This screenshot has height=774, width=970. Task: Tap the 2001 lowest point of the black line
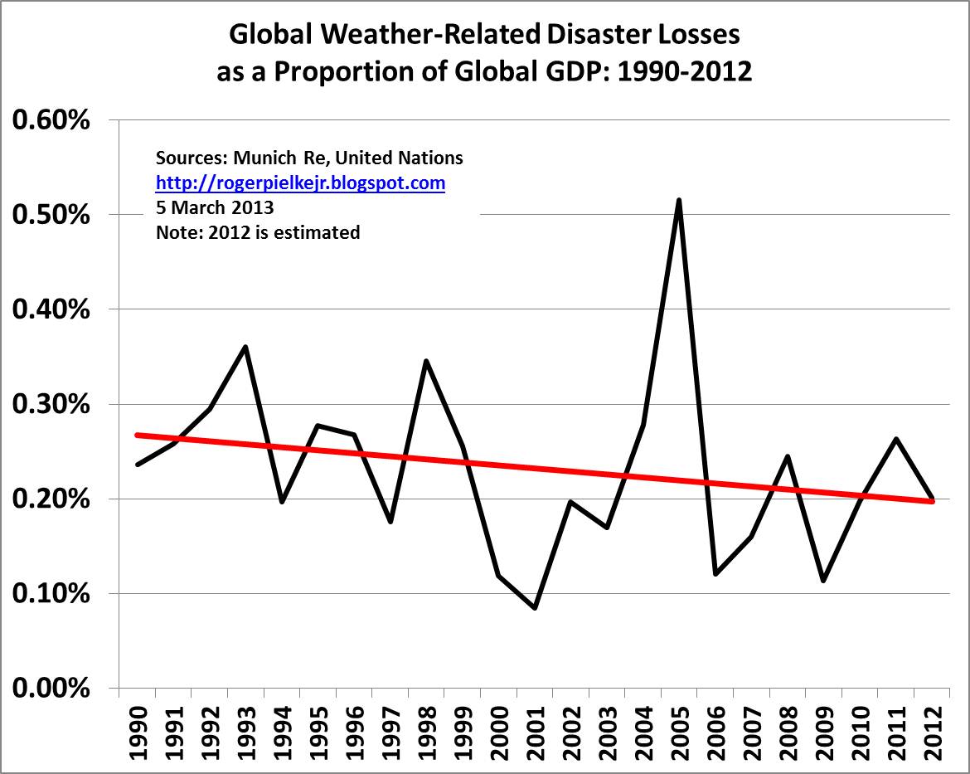pyautogui.click(x=535, y=608)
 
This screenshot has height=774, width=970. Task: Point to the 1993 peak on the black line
pyautogui.click(x=245, y=347)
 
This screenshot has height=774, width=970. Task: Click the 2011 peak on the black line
pyautogui.click(x=895, y=439)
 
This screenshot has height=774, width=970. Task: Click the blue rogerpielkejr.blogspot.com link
pyautogui.click(x=300, y=183)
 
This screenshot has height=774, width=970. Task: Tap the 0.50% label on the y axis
pyautogui.click(x=51, y=216)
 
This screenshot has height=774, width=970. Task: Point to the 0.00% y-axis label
pyautogui.click(x=51, y=689)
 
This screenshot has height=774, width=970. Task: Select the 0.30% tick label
pyautogui.click(x=51, y=405)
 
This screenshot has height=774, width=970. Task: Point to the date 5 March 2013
pyautogui.click(x=215, y=208)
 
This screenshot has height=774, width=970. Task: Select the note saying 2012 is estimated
pyautogui.click(x=258, y=232)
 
